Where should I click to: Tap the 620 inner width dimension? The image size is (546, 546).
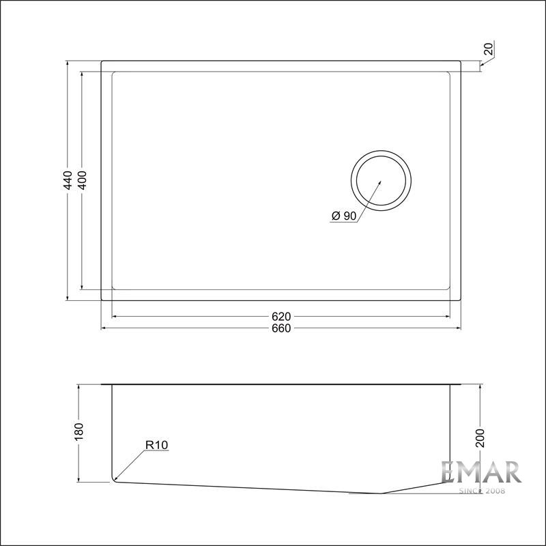[281, 317]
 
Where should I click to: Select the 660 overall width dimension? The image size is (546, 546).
[281, 328]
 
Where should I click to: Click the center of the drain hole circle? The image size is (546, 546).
[382, 181]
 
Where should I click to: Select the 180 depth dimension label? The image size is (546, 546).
[80, 431]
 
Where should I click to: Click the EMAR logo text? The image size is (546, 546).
[480, 472]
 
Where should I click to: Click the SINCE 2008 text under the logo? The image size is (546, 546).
[480, 490]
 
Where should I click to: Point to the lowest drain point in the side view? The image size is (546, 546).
[381, 493]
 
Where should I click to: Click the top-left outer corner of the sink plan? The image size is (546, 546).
[102, 61]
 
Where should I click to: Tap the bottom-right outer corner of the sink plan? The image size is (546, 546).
[461, 301]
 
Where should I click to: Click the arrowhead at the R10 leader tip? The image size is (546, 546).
[116, 479]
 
